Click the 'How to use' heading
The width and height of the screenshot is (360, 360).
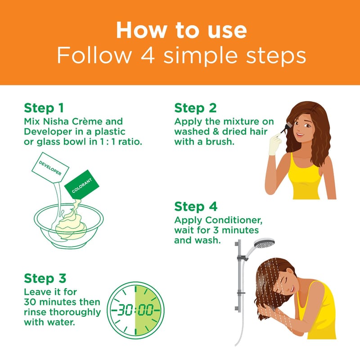(x=181, y=30)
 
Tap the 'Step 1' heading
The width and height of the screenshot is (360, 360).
(x=44, y=108)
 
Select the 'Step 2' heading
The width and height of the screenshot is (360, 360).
(x=195, y=108)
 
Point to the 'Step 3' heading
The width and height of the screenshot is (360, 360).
(x=45, y=278)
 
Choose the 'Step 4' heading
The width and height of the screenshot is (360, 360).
(x=196, y=207)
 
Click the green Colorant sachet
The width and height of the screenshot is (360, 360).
(x=81, y=185)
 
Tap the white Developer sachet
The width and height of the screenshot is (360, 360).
(x=50, y=167)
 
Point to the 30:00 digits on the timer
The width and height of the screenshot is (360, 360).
(x=135, y=310)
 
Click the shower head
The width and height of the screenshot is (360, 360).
(x=265, y=243)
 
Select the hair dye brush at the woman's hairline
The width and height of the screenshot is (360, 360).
(x=286, y=127)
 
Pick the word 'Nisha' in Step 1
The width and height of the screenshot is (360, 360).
(x=57, y=121)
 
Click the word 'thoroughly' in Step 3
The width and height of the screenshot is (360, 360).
(x=75, y=313)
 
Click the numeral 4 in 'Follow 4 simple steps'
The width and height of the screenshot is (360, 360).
(x=148, y=55)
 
